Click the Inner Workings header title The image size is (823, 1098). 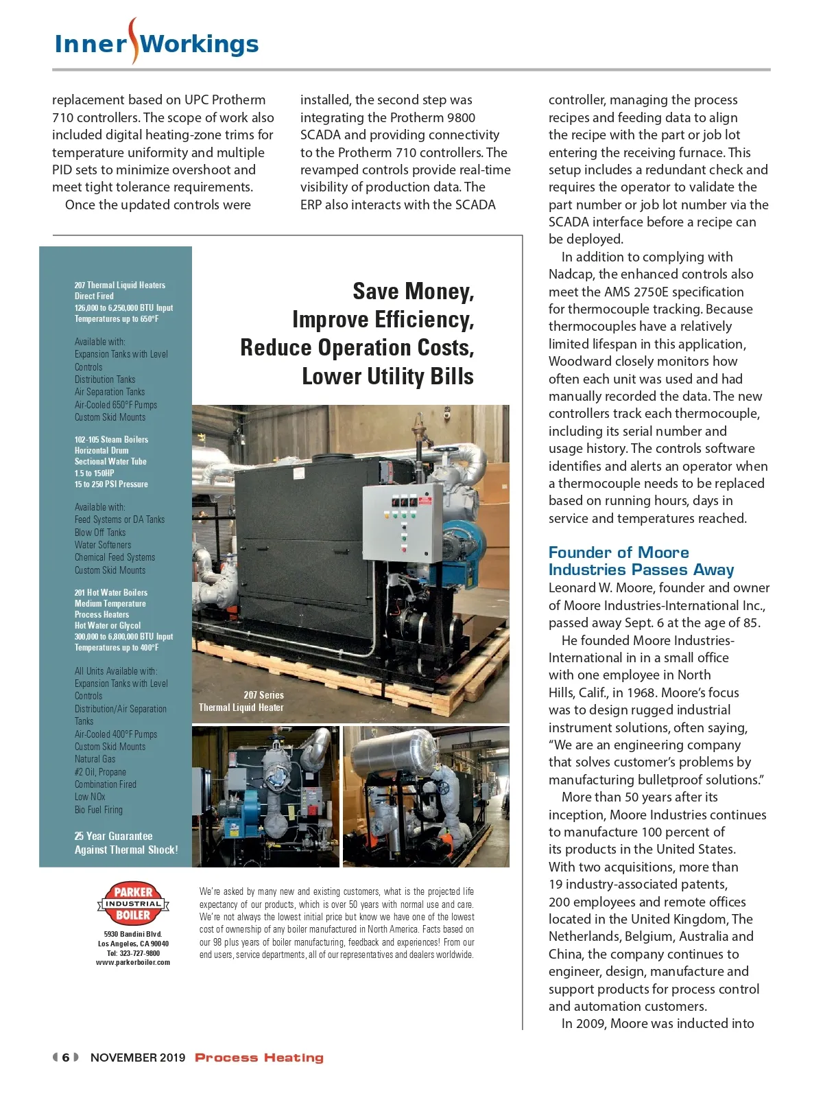point(156,44)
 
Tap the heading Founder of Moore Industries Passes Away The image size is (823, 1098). point(641,561)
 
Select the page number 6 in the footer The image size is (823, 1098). point(66,1058)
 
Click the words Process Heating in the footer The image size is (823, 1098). point(259,1058)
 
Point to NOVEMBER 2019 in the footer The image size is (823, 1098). point(138,1058)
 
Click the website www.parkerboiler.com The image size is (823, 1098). point(132,962)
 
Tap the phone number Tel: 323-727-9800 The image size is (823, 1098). point(132,953)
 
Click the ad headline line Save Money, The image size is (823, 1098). point(413,292)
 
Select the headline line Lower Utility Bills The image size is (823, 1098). point(387,376)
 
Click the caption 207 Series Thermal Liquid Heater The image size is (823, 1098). point(241,701)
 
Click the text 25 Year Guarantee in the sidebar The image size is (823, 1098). point(113,836)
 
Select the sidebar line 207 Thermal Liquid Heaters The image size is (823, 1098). point(119,285)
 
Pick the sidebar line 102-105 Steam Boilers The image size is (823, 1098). point(111,439)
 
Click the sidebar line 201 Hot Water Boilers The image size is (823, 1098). point(110,592)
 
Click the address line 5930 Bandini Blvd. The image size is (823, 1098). point(132,934)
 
